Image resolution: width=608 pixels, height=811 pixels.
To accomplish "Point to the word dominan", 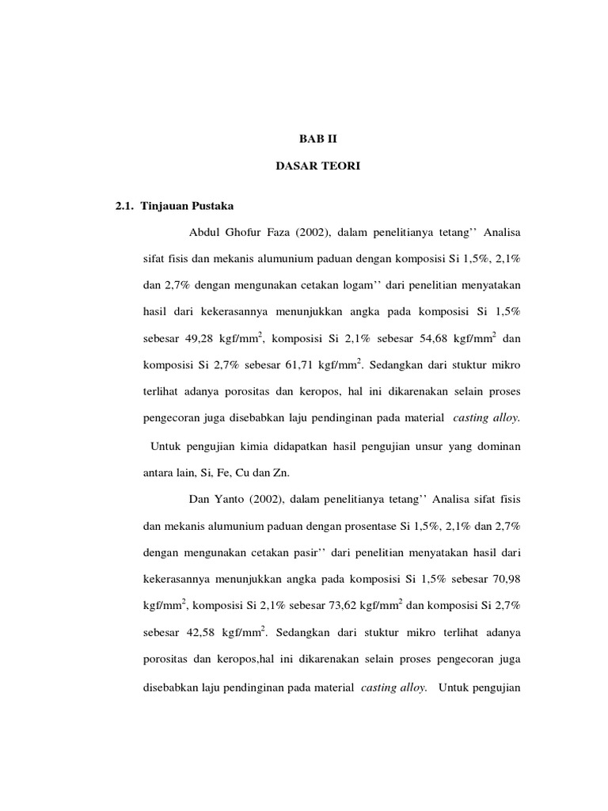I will point(496,447).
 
